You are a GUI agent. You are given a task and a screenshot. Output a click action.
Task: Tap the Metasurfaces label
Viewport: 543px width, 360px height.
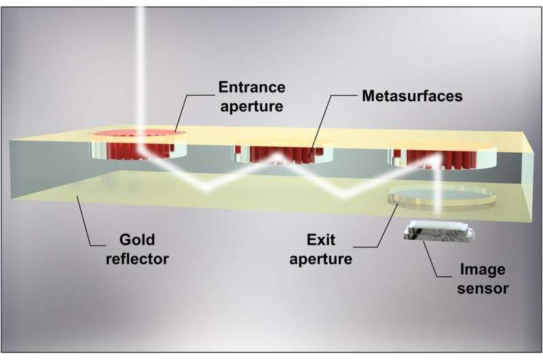411,96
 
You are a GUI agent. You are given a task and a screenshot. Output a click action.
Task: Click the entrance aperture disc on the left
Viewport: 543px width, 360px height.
139,141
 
